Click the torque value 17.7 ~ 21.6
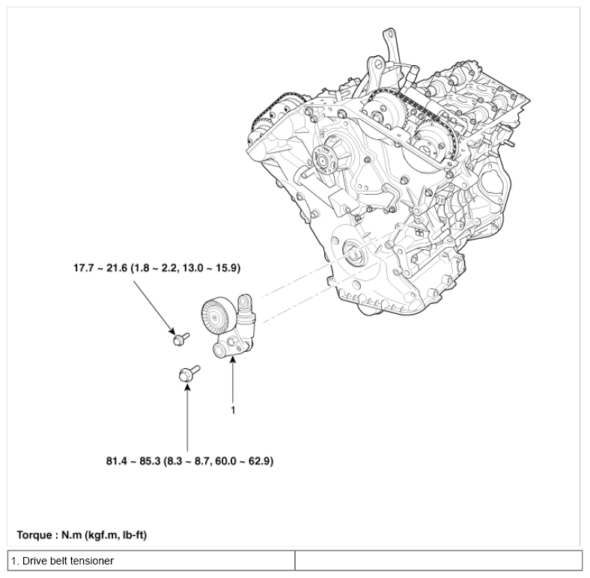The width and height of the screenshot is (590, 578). coord(97,267)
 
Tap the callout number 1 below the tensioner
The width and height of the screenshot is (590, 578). coord(234,410)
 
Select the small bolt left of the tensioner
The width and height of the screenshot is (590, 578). coord(178,339)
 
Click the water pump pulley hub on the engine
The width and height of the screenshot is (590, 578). coord(326,158)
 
